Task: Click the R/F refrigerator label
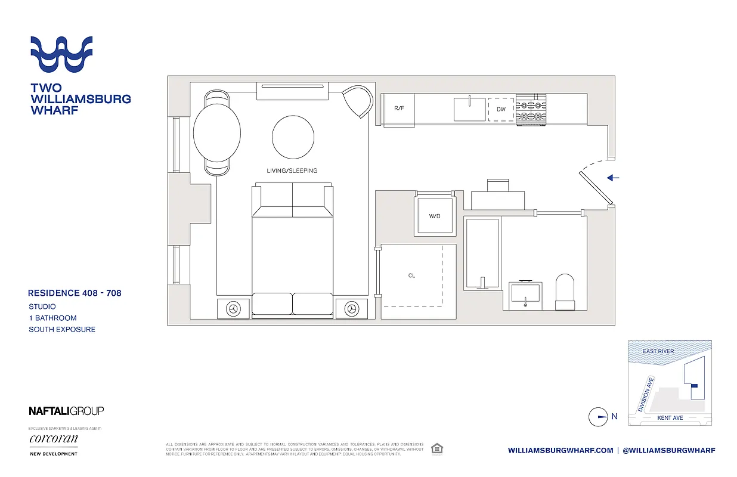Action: (400, 109)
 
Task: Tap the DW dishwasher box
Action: (501, 109)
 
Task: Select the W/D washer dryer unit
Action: (434, 215)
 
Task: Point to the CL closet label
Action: (411, 275)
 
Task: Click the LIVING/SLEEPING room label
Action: (292, 171)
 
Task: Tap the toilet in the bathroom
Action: (565, 292)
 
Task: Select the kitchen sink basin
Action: (469, 109)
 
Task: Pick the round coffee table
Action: (293, 137)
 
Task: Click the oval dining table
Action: (217, 132)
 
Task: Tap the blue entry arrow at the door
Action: (613, 178)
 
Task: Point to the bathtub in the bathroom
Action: (481, 253)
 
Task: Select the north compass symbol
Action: (598, 417)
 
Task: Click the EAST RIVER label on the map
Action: (658, 351)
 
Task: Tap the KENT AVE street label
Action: (670, 418)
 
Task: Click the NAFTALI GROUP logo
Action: (66, 410)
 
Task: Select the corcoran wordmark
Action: (53, 439)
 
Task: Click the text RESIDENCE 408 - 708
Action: (75, 293)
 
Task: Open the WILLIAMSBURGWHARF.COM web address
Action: (561, 450)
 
